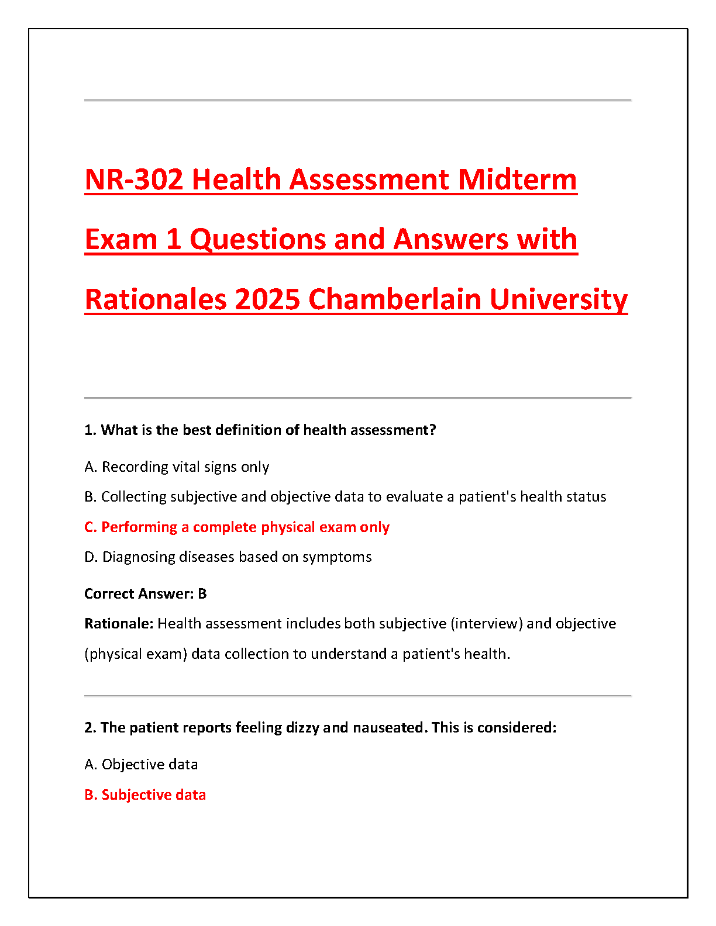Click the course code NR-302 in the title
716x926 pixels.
(x=134, y=179)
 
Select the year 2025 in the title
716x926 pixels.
(x=267, y=299)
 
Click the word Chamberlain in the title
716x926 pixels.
(x=395, y=299)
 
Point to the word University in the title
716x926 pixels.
(x=558, y=299)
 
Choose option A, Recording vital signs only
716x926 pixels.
(x=177, y=467)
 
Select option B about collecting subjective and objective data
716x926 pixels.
(x=345, y=497)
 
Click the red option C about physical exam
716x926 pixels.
(x=237, y=527)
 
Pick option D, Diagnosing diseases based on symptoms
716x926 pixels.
(x=228, y=557)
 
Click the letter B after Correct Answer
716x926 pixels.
(x=202, y=594)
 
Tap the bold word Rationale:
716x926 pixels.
(x=119, y=624)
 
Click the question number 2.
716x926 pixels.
(x=90, y=728)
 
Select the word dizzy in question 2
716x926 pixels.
(x=302, y=728)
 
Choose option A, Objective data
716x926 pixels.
(x=141, y=765)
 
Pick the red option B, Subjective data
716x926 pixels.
(x=145, y=795)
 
